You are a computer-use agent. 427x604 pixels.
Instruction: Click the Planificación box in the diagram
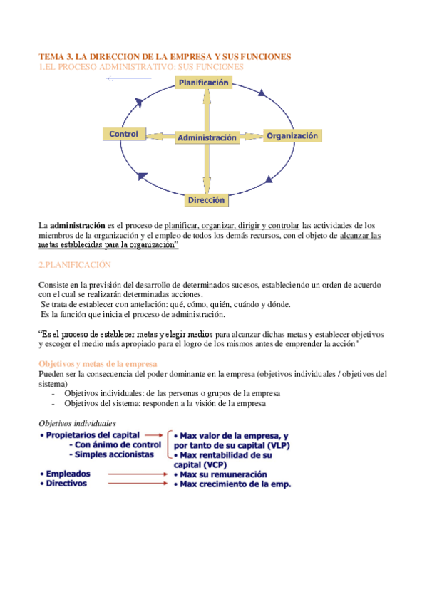coord(204,83)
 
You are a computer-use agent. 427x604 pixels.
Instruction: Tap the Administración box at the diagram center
coord(207,137)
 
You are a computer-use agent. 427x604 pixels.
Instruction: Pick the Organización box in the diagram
coord(293,135)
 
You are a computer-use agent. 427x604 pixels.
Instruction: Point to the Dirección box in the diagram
coord(207,200)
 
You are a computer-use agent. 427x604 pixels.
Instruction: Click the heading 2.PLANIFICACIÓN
coord(75,264)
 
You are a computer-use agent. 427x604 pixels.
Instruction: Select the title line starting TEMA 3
coord(165,56)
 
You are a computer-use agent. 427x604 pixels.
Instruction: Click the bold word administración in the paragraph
coord(77,225)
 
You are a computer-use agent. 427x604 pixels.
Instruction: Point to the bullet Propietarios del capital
coord(91,434)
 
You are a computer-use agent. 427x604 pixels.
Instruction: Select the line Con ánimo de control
coord(115,444)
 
